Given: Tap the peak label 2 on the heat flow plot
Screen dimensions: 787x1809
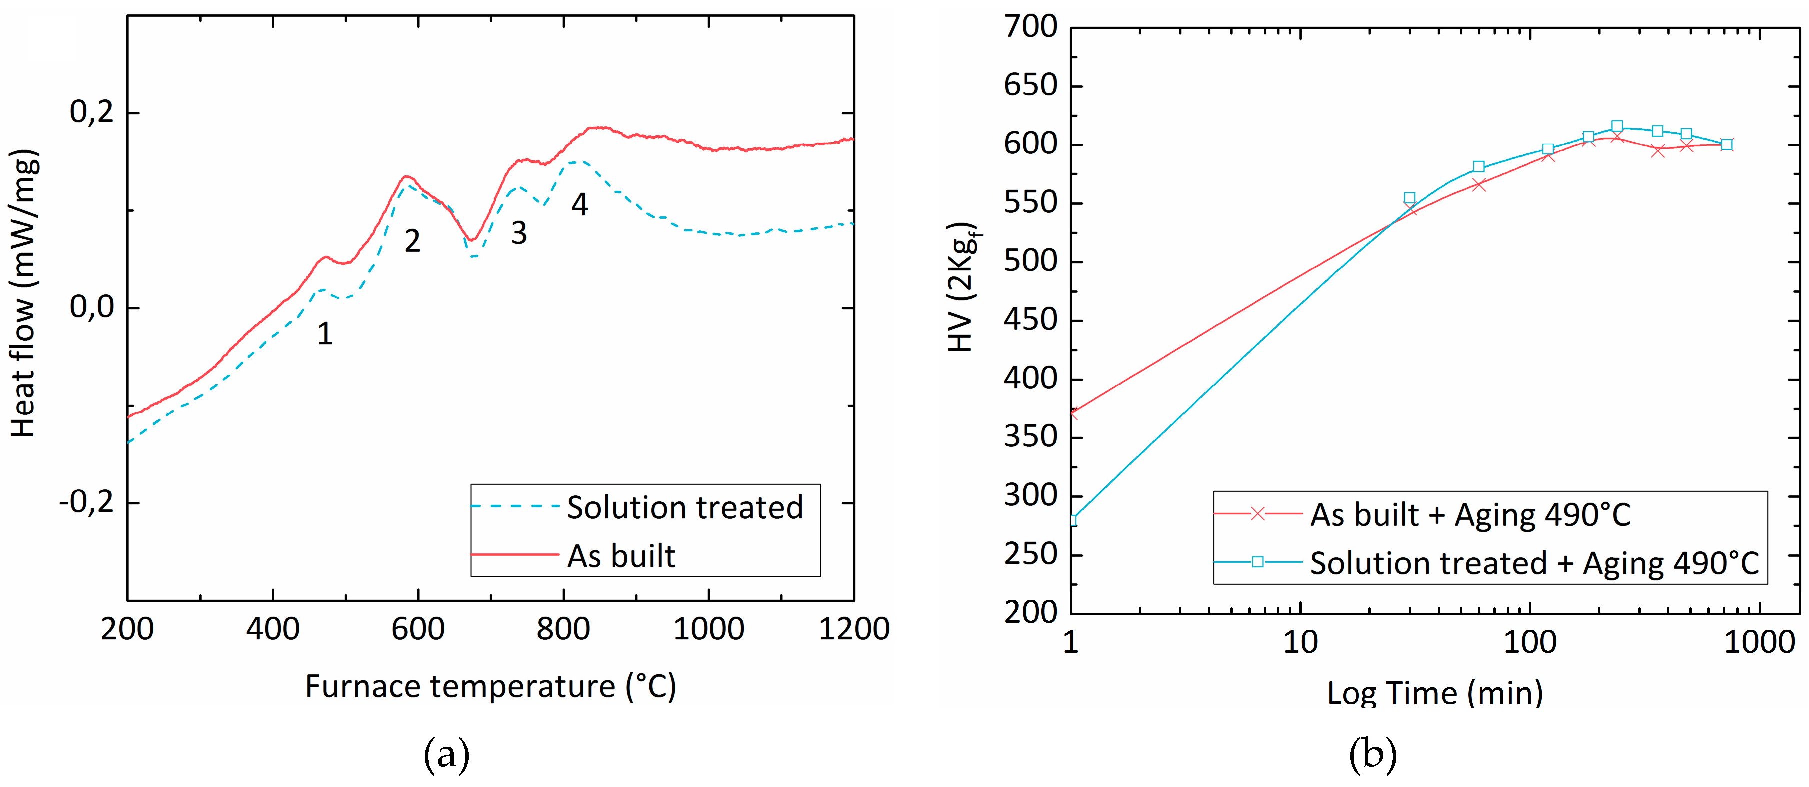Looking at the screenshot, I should coord(412,241).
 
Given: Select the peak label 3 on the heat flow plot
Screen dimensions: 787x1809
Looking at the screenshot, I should coord(519,233).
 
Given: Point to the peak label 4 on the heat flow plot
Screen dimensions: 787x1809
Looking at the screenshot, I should coord(579,204).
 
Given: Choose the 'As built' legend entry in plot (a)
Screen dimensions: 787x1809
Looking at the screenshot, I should coord(621,556).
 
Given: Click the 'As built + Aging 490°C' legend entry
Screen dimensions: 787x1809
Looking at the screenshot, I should coord(1470,515).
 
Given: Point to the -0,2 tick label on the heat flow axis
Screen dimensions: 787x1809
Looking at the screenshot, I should coord(87,503).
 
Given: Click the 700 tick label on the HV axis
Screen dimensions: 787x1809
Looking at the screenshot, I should coord(1030,27).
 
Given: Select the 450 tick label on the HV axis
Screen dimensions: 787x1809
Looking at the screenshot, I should coord(1030,320).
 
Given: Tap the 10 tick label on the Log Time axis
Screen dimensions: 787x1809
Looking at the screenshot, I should coord(1300,643).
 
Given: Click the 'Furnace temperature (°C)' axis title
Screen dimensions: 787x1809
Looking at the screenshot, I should coord(490,686).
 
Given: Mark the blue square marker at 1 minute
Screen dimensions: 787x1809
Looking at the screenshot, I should coord(1072,520).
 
